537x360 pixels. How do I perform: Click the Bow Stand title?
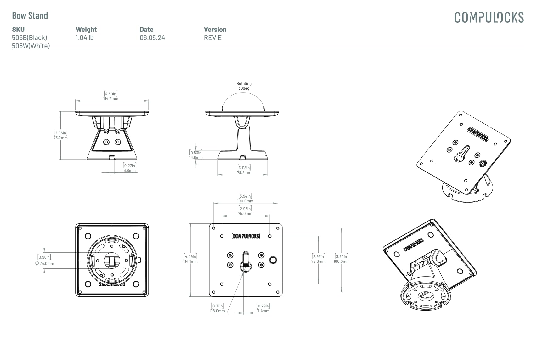click(30, 16)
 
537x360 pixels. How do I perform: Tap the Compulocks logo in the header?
click(489, 18)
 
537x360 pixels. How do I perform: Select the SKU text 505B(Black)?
click(30, 38)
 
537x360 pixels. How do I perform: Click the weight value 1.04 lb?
click(85, 38)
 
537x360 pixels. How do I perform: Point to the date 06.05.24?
click(152, 38)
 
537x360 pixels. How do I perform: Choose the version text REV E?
click(213, 38)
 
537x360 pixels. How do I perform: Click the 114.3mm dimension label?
click(111, 98)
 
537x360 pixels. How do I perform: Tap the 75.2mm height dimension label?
click(60, 138)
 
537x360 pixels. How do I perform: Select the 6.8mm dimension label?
click(129, 171)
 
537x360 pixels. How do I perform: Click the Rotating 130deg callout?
click(244, 86)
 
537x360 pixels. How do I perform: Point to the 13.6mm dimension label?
click(196, 157)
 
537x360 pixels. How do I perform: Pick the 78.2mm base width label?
click(244, 172)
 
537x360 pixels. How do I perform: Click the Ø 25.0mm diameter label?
click(45, 263)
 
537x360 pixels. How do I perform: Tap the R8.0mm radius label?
click(218, 311)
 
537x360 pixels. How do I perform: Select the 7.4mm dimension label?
click(263, 311)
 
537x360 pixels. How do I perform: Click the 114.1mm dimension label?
click(190, 261)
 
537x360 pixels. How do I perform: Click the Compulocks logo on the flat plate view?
click(246, 236)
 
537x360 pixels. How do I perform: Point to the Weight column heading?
click(86, 30)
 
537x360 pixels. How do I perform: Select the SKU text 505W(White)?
click(31, 46)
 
